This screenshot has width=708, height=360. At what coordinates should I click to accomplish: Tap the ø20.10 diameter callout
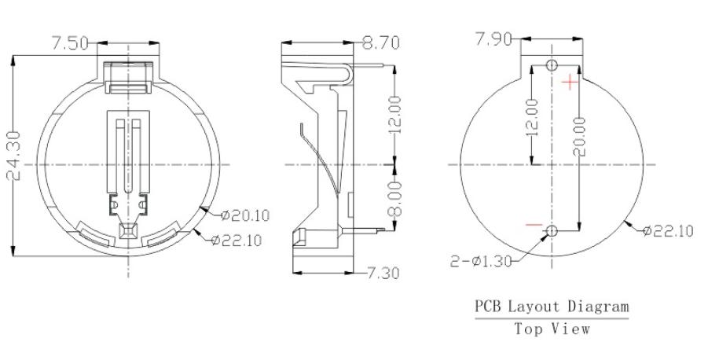pyautogui.click(x=245, y=215)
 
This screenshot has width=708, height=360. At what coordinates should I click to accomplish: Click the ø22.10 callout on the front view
pyautogui.click(x=237, y=240)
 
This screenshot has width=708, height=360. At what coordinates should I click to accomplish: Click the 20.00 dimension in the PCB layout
pyautogui.click(x=579, y=136)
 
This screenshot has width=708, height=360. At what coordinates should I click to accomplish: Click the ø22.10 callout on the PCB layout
pyautogui.click(x=667, y=230)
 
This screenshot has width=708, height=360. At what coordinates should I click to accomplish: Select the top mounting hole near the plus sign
pyautogui.click(x=552, y=64)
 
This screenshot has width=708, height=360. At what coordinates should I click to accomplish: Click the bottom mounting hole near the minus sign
pyautogui.click(x=552, y=231)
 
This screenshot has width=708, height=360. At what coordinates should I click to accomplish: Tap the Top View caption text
pyautogui.click(x=552, y=329)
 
